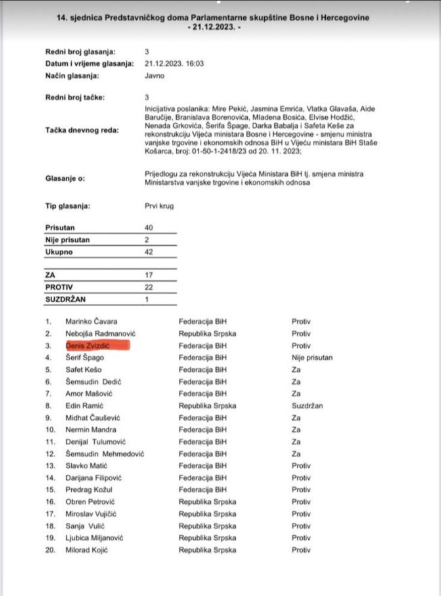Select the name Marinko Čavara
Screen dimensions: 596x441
(91, 322)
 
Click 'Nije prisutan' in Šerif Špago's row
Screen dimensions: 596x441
(312, 358)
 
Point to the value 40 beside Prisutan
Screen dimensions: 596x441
(149, 228)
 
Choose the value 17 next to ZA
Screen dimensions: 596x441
(149, 274)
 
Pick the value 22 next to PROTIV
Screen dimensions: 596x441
(149, 286)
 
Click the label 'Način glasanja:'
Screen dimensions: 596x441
(72, 75)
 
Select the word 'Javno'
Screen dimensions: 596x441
(154, 75)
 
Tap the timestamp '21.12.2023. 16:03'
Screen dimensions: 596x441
(174, 63)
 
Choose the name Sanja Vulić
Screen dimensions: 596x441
(85, 526)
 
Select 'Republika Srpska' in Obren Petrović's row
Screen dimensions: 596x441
(207, 502)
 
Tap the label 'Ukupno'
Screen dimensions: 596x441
(59, 252)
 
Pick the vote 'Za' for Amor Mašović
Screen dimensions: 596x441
(296, 393)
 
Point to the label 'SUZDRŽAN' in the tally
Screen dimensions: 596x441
(66, 299)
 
